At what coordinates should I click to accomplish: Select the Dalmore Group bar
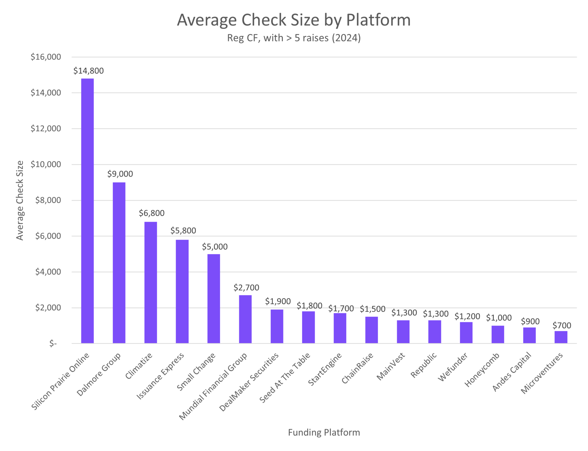119,262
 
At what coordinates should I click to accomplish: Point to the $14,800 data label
88,71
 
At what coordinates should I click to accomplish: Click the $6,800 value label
152,213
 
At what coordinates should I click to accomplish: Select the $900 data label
530,321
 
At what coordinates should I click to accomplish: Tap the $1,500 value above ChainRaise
372,309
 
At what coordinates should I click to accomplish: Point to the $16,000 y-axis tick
46,57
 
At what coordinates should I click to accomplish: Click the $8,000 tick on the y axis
48,200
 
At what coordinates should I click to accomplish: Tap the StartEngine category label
325,369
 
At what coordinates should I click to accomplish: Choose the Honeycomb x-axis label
482,370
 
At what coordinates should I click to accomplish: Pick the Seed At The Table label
285,378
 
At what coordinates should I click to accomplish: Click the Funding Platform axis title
324,432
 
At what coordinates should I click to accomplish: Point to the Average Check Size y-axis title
20,200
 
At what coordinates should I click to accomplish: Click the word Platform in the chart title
378,20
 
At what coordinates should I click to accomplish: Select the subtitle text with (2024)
294,38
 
